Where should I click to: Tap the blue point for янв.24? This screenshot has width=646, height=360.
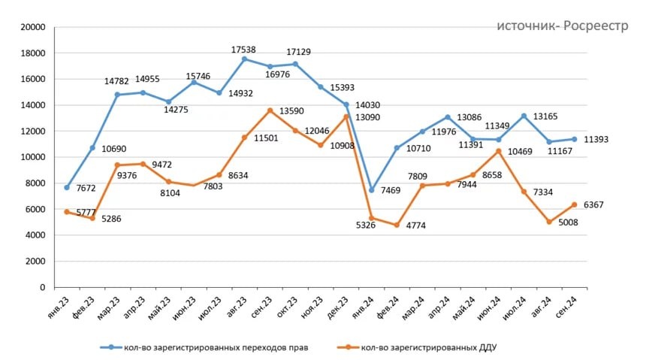(x=372, y=190)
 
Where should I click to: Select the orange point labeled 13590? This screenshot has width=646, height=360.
(x=270, y=110)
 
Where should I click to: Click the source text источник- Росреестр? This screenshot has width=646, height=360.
(x=562, y=26)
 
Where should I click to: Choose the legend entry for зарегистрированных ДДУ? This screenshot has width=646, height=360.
(x=427, y=347)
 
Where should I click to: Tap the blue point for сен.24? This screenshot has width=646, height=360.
(x=575, y=139)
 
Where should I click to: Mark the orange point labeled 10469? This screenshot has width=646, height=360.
(x=499, y=151)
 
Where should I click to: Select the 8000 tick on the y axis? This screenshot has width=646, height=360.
(x=37, y=183)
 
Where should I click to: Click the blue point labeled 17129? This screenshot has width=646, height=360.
(x=295, y=64)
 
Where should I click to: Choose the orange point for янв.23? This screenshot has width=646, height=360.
(x=67, y=212)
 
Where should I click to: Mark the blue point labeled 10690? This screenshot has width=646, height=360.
(x=92, y=148)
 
